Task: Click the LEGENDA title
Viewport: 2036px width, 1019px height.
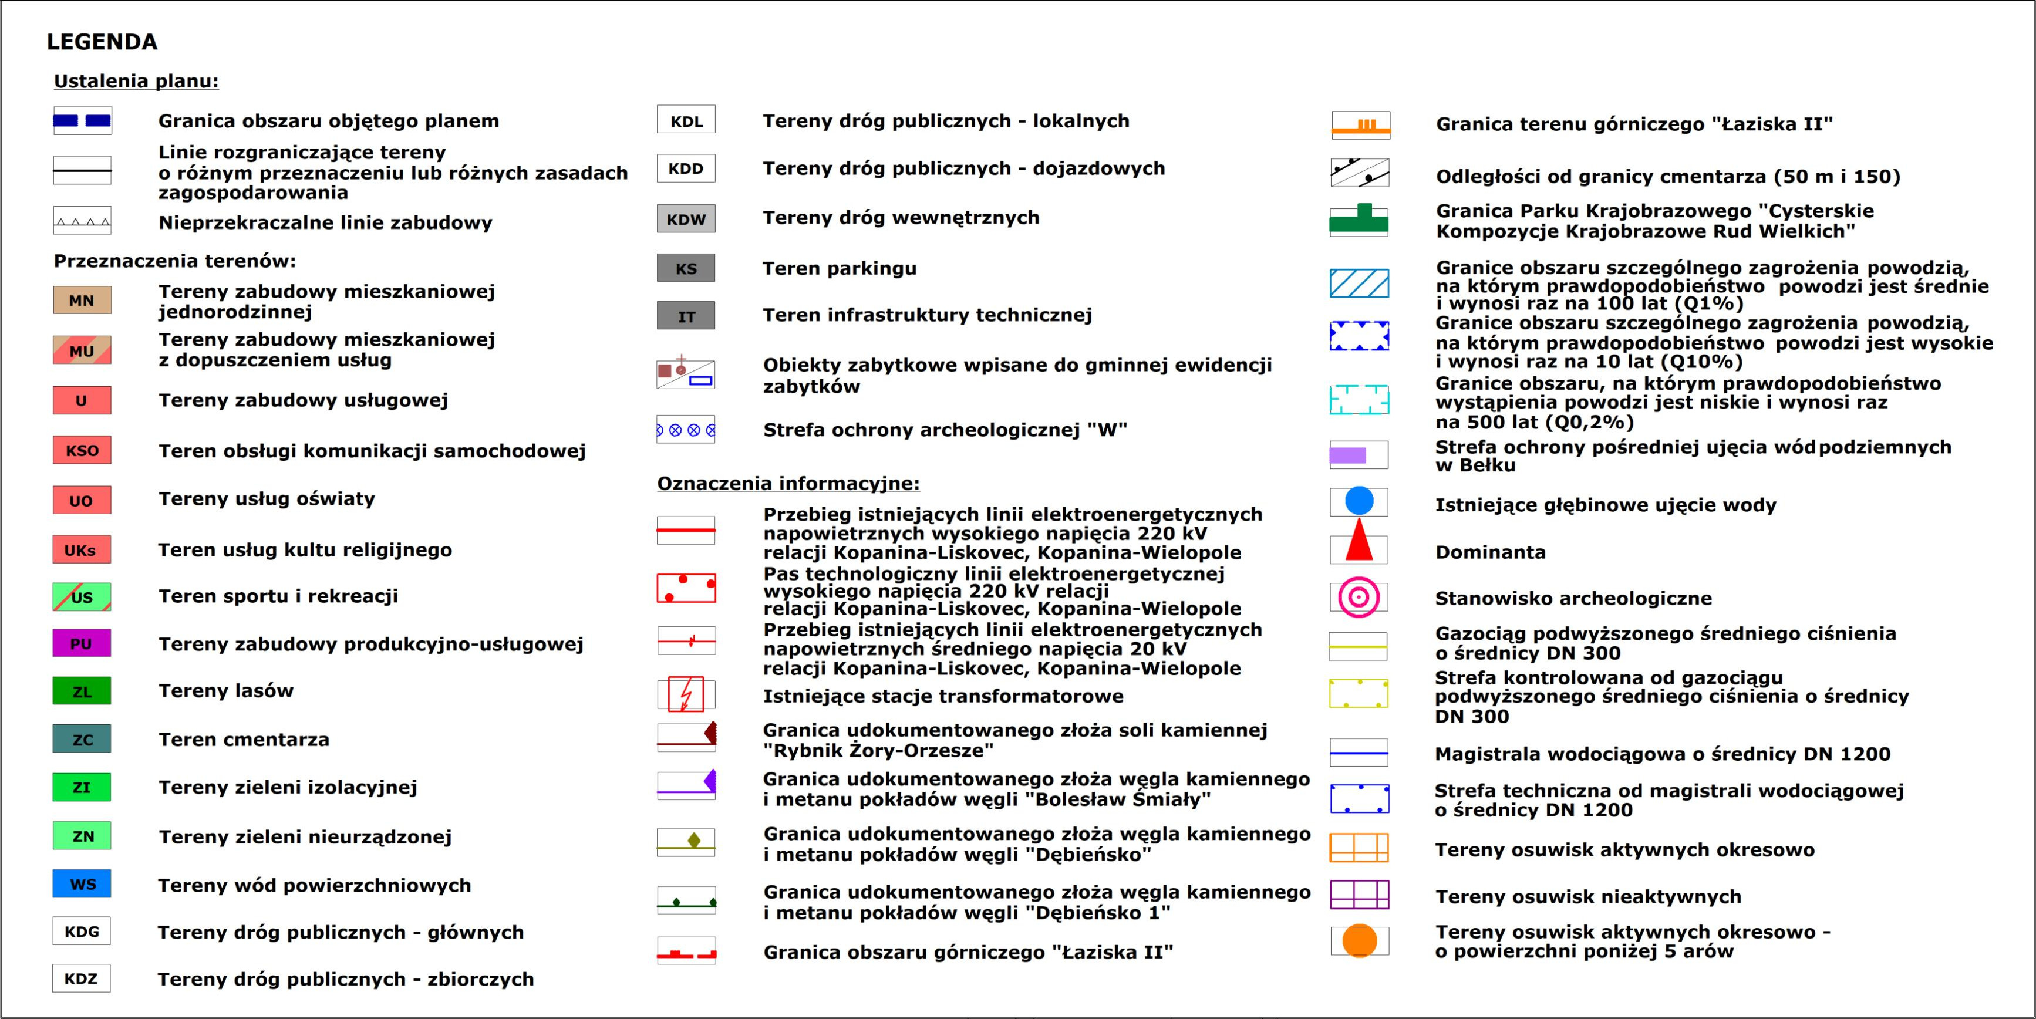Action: point(102,42)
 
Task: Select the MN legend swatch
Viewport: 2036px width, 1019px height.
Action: point(82,301)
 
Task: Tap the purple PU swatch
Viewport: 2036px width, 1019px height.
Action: point(82,643)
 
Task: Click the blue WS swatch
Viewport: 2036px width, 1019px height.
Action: point(82,884)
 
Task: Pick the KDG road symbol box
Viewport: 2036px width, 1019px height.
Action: point(82,932)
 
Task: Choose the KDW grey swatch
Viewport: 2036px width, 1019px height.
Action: point(686,219)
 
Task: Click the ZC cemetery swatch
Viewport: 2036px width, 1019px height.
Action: point(82,739)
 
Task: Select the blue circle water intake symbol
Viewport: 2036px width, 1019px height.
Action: point(1359,501)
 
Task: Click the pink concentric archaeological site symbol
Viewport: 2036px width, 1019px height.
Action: point(1359,597)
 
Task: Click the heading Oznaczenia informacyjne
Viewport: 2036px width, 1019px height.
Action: point(788,483)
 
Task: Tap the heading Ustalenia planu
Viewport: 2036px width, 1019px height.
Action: point(136,80)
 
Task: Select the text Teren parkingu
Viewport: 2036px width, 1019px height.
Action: point(840,268)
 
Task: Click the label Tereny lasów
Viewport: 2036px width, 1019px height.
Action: point(226,691)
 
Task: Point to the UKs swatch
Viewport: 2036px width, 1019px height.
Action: point(82,549)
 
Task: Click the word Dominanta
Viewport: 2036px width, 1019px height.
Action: point(1490,552)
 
